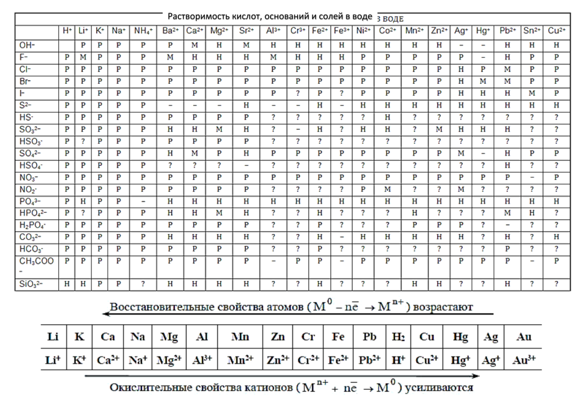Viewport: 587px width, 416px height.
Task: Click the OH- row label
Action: pyautogui.click(x=25, y=45)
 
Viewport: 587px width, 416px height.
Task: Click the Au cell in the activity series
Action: pyautogui.click(x=523, y=337)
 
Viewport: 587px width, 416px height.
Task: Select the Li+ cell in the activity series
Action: pyautogui.click(x=54, y=360)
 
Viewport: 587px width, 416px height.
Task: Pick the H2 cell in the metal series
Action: pyautogui.click(x=398, y=337)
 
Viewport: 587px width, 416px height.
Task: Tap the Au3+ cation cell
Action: pyautogui.click(x=523, y=360)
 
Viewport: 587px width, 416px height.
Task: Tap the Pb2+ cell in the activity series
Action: pyautogui.click(x=369, y=360)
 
